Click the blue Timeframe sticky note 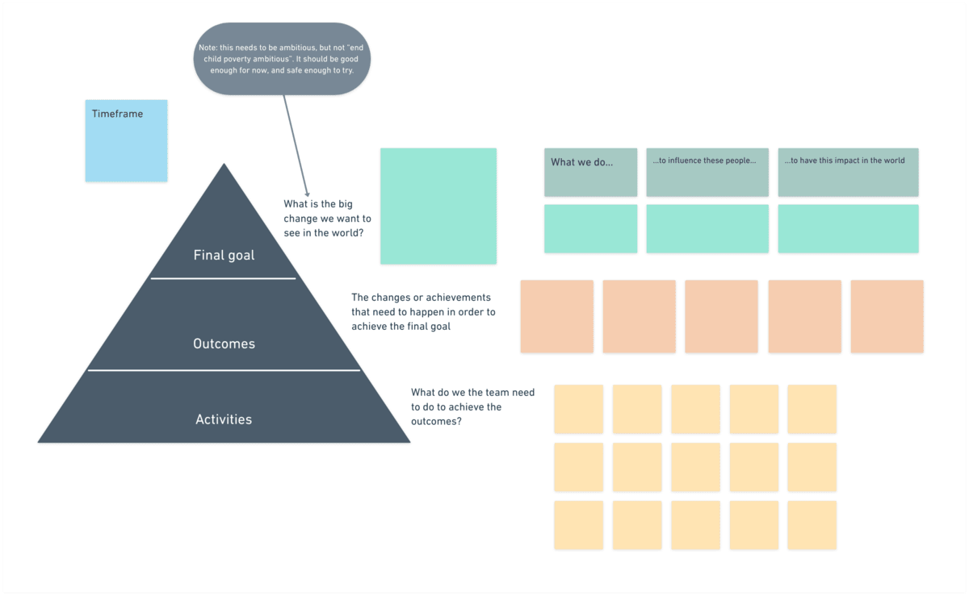pyautogui.click(x=126, y=140)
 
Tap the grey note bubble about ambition pyautogui.click(x=283, y=59)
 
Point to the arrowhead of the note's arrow pyautogui.click(x=308, y=185)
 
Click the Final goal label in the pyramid pyautogui.click(x=224, y=256)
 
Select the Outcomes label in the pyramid pyautogui.click(x=224, y=344)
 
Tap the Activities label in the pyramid pyautogui.click(x=224, y=419)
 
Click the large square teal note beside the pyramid pyautogui.click(x=438, y=206)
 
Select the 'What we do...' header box pyautogui.click(x=590, y=172)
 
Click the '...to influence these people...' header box pyautogui.click(x=707, y=172)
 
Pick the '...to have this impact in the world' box pyautogui.click(x=848, y=172)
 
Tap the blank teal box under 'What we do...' pyautogui.click(x=590, y=228)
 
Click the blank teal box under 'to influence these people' pyautogui.click(x=707, y=228)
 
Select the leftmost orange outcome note pyautogui.click(x=556, y=316)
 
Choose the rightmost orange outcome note pyautogui.click(x=887, y=316)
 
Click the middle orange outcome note pyautogui.click(x=721, y=316)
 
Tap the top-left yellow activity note pyautogui.click(x=578, y=409)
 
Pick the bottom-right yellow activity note pyautogui.click(x=812, y=525)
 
